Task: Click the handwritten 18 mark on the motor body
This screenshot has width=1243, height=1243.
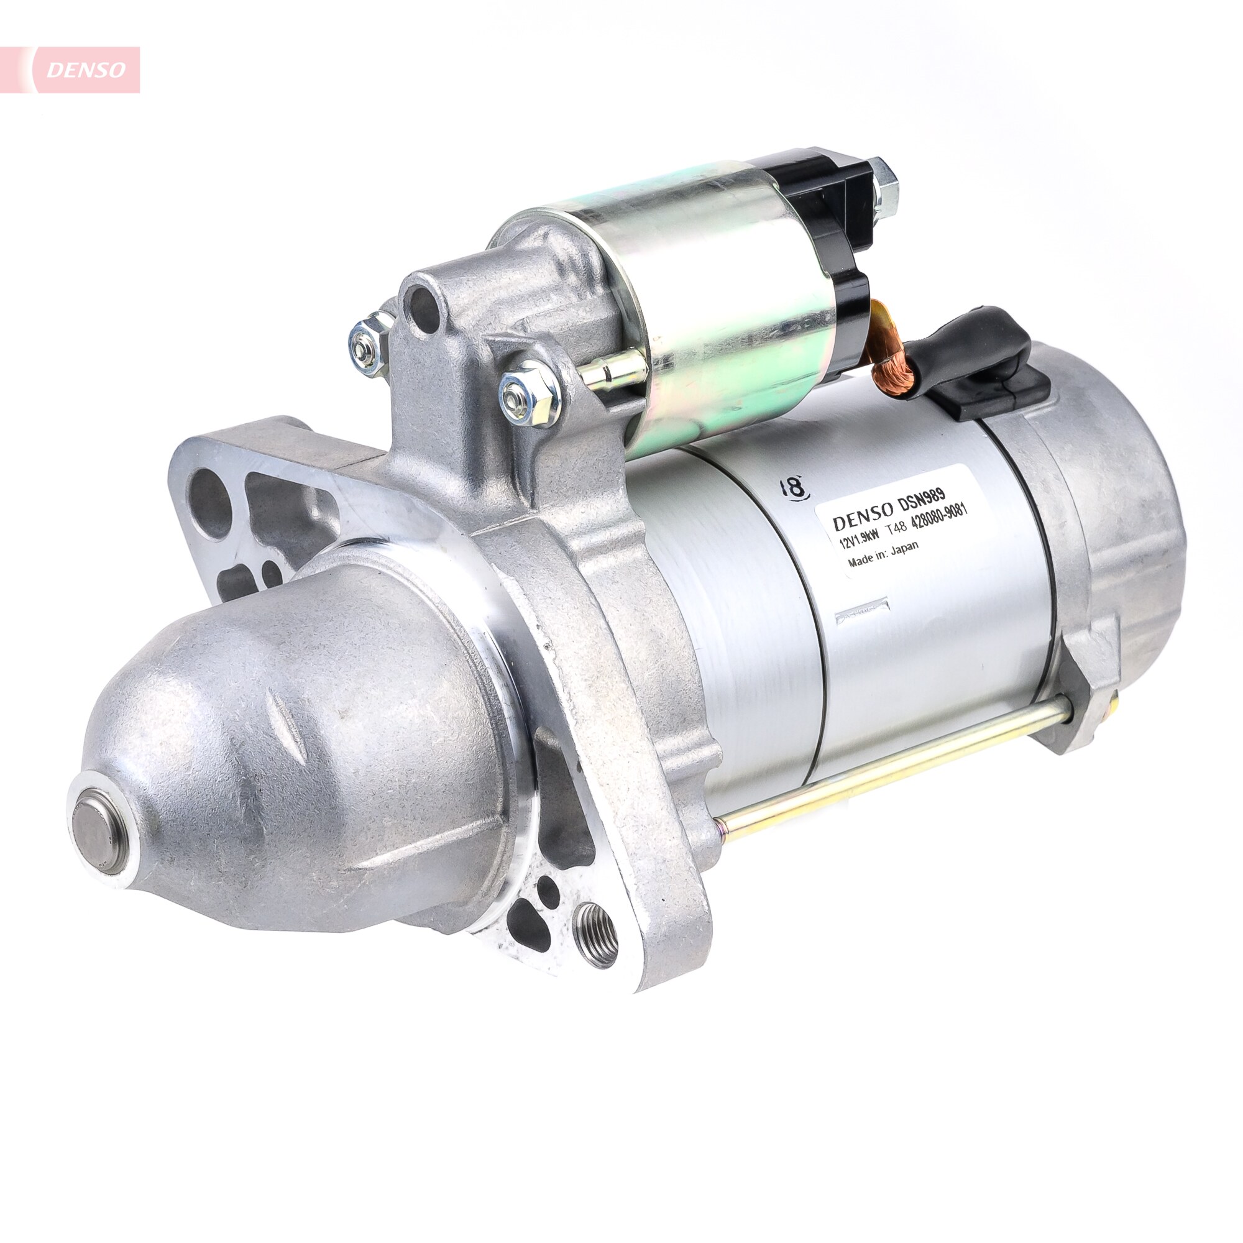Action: pos(793,487)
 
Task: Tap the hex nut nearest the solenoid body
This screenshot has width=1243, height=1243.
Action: pos(530,392)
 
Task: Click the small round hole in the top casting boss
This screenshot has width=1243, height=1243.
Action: pos(424,308)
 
